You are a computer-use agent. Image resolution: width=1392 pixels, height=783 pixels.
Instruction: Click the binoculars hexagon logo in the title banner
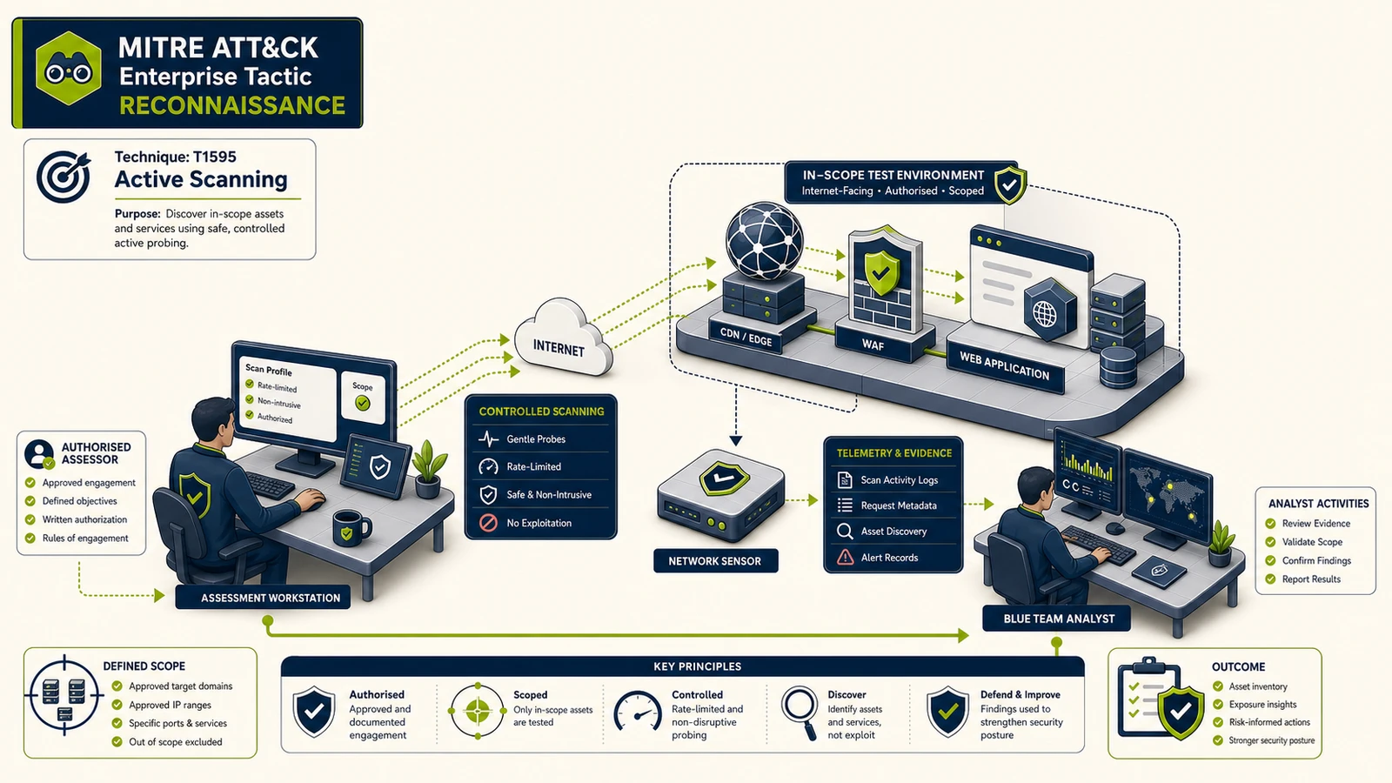pyautogui.click(x=69, y=69)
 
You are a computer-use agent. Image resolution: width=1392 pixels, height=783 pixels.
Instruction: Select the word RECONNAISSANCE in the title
pyautogui.click(x=232, y=105)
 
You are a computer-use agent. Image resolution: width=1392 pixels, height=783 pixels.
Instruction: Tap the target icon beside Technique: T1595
pyautogui.click(x=63, y=177)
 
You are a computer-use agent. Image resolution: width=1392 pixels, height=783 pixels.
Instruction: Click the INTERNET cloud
pyautogui.click(x=562, y=338)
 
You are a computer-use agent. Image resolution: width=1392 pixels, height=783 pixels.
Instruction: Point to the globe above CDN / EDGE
pyautogui.click(x=764, y=240)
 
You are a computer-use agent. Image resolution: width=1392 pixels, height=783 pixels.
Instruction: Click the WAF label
pyautogui.click(x=873, y=345)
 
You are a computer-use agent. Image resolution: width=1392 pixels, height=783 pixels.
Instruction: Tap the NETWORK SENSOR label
pyautogui.click(x=714, y=561)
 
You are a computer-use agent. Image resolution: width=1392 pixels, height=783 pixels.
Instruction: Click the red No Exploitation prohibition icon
pyautogui.click(x=488, y=523)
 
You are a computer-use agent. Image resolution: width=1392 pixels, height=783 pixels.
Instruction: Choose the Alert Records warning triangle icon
pyautogui.click(x=845, y=558)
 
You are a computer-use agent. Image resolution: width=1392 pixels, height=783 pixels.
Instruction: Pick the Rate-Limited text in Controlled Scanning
pyautogui.click(x=534, y=466)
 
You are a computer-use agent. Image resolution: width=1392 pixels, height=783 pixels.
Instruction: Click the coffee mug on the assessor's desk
pyautogui.click(x=351, y=528)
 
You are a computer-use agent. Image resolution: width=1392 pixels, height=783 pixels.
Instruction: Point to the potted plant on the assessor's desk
pyautogui.click(x=429, y=469)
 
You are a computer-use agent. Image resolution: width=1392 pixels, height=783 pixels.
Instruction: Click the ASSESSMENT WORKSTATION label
pyautogui.click(x=271, y=598)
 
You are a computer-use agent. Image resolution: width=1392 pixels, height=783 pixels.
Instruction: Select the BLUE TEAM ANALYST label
pyautogui.click(x=1059, y=619)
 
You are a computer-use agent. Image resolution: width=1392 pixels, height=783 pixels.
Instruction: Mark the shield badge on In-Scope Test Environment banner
pyautogui.click(x=1010, y=184)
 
